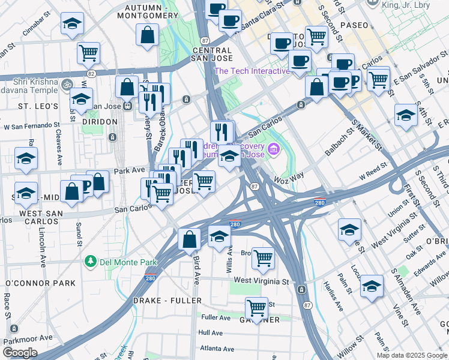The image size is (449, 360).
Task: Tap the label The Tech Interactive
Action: click(x=252, y=71)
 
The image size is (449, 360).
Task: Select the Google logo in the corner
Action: click(x=20, y=352)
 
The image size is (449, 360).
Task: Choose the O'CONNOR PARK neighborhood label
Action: click(x=40, y=283)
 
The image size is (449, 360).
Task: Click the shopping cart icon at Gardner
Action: click(x=256, y=308)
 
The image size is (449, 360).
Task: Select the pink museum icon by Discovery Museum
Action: click(x=274, y=148)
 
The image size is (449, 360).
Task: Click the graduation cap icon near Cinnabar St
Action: click(x=72, y=24)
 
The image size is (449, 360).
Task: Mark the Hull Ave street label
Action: click(x=211, y=332)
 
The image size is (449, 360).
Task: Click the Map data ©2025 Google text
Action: click(x=411, y=355)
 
